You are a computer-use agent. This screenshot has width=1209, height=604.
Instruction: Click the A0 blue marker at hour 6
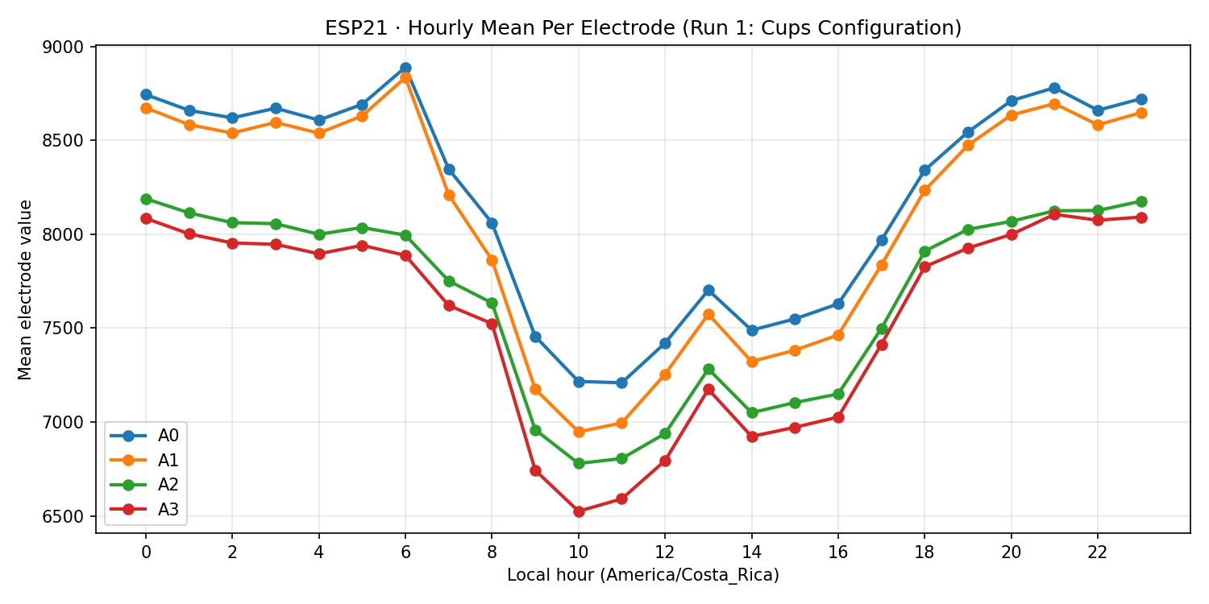click(405, 68)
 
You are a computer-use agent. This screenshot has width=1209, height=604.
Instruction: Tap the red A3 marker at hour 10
click(578, 511)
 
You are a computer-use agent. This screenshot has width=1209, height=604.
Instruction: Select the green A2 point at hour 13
click(708, 369)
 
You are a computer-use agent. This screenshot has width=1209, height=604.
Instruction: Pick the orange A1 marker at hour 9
click(535, 389)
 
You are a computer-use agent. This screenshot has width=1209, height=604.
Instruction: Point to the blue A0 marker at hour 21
click(1054, 88)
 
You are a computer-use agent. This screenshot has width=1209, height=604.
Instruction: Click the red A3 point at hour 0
click(146, 218)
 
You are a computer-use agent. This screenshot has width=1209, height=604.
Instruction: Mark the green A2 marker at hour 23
click(1140, 201)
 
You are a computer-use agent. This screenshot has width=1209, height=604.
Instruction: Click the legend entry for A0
click(168, 436)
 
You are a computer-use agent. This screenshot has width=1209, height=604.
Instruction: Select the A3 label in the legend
click(168, 510)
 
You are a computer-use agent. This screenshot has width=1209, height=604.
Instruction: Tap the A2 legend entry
click(168, 485)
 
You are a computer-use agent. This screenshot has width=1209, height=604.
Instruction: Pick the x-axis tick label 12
click(664, 552)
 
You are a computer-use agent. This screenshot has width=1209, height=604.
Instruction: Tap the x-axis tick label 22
click(1097, 552)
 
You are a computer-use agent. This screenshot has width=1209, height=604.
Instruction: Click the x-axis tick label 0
click(146, 552)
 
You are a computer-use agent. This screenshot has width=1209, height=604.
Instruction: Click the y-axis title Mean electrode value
click(25, 290)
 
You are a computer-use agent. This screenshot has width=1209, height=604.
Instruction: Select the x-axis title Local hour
click(642, 575)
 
